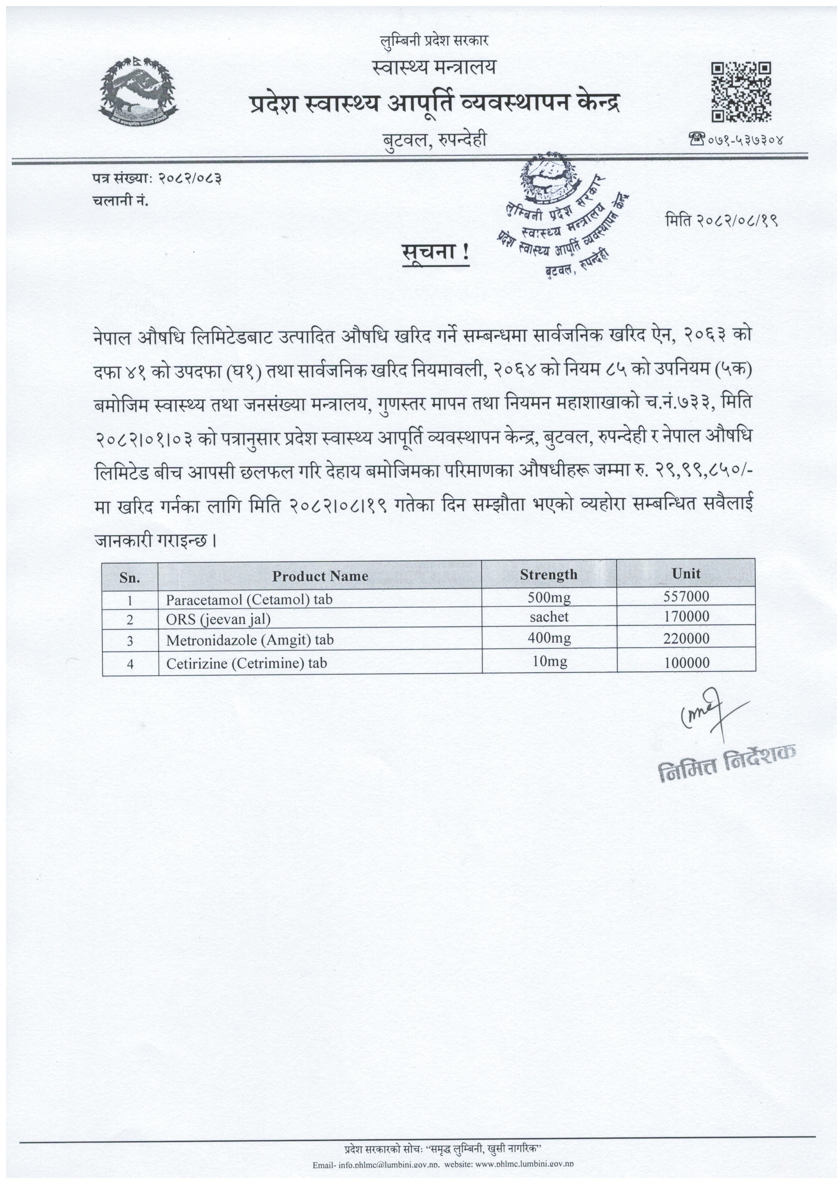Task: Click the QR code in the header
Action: click(x=741, y=92)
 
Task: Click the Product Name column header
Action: click(x=320, y=576)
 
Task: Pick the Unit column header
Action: click(x=686, y=573)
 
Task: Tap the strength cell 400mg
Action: click(x=549, y=639)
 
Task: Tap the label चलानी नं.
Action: click(x=121, y=201)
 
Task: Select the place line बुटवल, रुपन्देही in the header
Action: click(x=434, y=140)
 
